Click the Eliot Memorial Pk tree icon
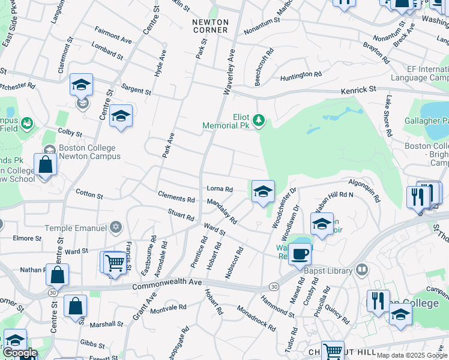tap(259, 121)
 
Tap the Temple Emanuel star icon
tap(116, 228)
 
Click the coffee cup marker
tap(300, 253)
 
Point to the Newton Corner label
tap(210, 26)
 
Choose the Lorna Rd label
tap(219, 190)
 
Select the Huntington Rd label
tap(301, 75)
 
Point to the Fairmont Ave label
tap(113, 34)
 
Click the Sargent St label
tap(136, 90)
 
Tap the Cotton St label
tap(89, 194)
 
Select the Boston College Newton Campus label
tap(89, 152)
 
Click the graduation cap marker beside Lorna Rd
tap(262, 192)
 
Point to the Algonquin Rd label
tap(364, 190)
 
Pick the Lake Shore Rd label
tap(390, 115)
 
